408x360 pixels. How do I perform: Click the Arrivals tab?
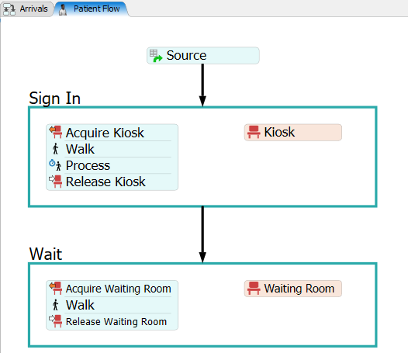click(x=27, y=9)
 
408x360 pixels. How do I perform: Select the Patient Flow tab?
click(x=92, y=9)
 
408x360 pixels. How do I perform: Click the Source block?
click(x=203, y=55)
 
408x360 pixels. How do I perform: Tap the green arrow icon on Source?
click(x=157, y=58)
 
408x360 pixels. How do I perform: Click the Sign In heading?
click(x=54, y=98)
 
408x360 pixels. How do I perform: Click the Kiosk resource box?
click(x=293, y=132)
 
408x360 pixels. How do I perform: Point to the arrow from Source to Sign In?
click(x=202, y=85)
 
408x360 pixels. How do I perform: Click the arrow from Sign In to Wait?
click(x=202, y=234)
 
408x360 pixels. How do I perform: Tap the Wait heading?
click(x=46, y=254)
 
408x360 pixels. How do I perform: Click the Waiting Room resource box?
click(x=293, y=289)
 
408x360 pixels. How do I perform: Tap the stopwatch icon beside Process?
click(x=52, y=163)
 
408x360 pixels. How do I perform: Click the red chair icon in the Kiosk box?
click(x=254, y=132)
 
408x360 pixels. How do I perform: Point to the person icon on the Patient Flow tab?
click(x=63, y=9)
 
